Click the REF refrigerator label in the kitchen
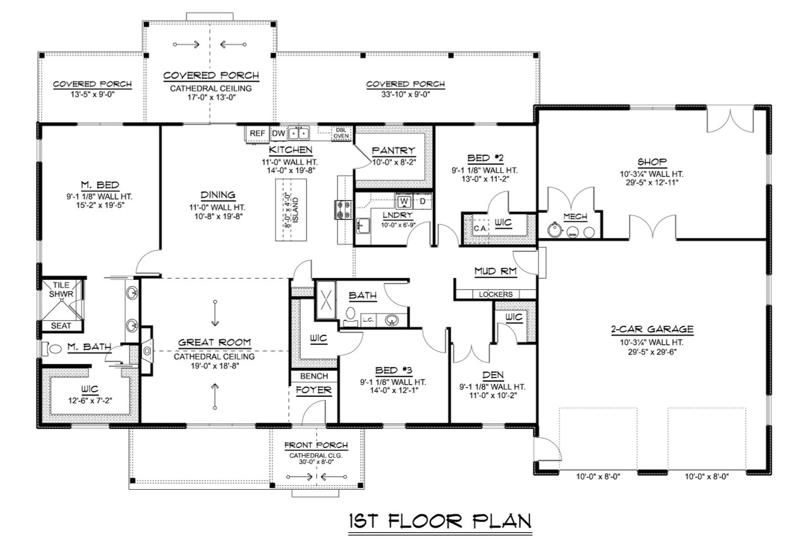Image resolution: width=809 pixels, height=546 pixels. coord(257,133)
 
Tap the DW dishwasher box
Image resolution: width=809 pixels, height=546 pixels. coord(278,133)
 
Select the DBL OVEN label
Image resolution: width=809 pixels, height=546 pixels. coord(341,133)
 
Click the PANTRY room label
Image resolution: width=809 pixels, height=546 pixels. coord(393,150)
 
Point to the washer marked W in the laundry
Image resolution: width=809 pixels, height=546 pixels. coord(404,202)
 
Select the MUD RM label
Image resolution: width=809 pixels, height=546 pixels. coord(496,272)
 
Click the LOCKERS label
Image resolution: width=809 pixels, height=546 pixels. coord(496,294)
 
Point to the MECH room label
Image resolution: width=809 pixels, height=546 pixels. coord(575,217)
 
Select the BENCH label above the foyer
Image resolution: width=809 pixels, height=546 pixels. coord(314,376)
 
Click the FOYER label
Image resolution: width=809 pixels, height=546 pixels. coord(314,391)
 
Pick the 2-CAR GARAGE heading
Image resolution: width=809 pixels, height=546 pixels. coord(652,329)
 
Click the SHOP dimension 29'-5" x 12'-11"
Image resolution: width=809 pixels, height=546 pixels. coord(652,183)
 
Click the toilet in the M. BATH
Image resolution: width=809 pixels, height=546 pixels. coord(52,348)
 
